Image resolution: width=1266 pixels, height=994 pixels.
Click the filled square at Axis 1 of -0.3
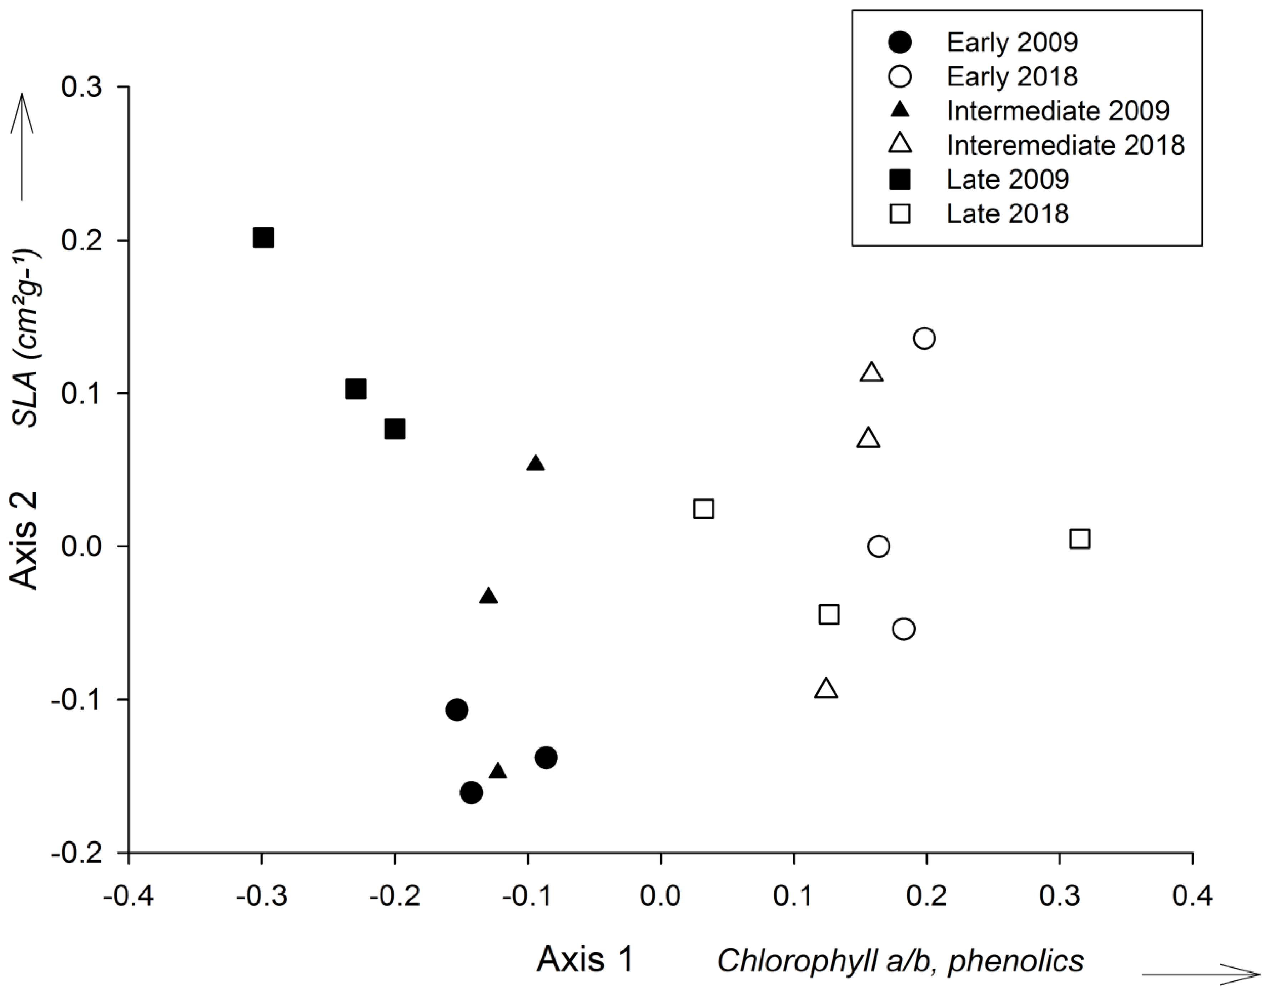tap(263, 238)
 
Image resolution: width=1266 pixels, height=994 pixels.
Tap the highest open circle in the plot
tap(924, 338)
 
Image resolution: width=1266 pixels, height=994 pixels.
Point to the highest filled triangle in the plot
tap(536, 464)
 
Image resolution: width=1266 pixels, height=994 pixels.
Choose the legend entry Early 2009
tap(1012, 42)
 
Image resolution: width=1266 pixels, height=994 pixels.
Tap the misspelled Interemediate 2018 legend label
tap(1065, 145)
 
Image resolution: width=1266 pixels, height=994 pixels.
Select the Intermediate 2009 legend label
tap(1058, 110)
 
